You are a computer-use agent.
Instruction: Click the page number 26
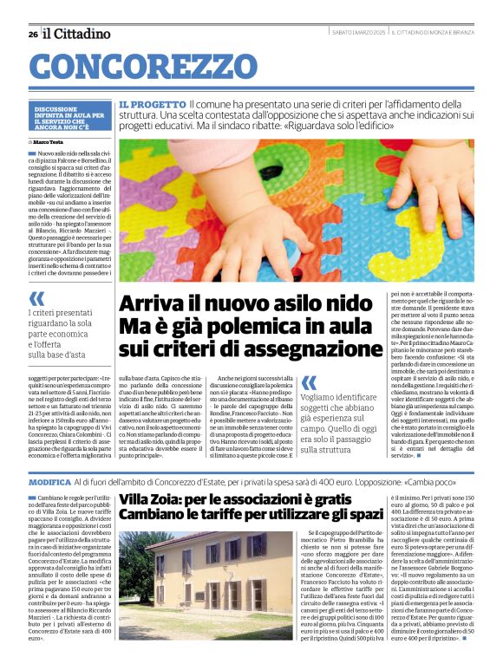point(32,34)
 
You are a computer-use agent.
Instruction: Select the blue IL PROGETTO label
point(153,103)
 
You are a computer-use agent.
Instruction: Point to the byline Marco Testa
point(49,140)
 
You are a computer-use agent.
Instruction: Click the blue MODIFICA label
point(49,481)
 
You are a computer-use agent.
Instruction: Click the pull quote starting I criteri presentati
point(64,335)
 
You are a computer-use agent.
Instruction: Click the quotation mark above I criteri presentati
point(36,299)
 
